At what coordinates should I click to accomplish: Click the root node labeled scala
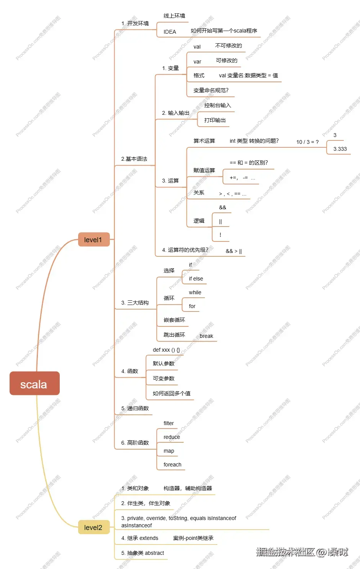point(34,384)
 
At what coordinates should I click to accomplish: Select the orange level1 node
point(93,240)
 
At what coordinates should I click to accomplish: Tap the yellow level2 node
point(93,528)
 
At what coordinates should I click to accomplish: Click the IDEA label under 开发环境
point(170,32)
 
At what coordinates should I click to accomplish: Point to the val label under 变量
point(197,47)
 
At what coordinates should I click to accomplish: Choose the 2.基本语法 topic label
point(134,159)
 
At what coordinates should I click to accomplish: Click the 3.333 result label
point(340,149)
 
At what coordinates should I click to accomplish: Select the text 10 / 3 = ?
point(307,142)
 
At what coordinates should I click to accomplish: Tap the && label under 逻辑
point(223,207)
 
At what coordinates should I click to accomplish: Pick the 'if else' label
point(196,279)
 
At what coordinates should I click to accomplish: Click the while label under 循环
point(195,292)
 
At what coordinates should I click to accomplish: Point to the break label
point(206,336)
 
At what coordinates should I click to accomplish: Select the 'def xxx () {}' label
point(166,350)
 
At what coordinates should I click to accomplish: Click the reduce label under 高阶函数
point(172,437)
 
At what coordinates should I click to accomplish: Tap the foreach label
point(172,465)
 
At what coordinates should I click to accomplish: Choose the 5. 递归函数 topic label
point(135,408)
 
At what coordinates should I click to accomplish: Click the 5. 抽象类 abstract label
point(142,553)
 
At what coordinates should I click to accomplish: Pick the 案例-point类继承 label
point(193,538)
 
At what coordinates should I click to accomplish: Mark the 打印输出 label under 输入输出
point(215,120)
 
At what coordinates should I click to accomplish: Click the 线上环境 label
point(174,16)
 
